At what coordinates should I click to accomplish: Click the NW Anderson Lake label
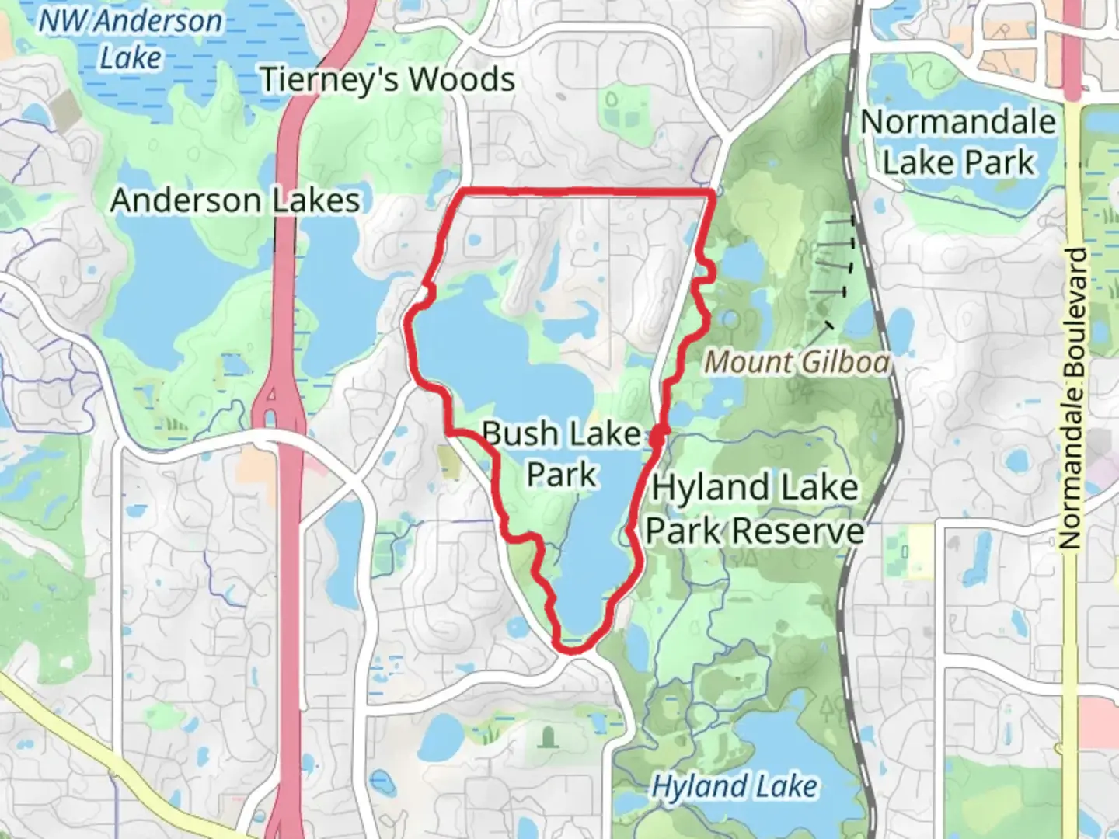[131, 39]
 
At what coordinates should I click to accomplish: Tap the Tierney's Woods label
[387, 79]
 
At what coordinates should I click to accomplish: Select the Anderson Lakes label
[235, 200]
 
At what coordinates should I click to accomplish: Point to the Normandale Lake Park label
[959, 142]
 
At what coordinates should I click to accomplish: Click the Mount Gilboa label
[797, 362]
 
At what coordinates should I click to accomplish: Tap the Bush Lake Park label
[561, 454]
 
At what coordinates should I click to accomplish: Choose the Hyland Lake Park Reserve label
[755, 510]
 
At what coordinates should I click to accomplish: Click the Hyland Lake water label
[734, 786]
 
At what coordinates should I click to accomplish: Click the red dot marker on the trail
[657, 437]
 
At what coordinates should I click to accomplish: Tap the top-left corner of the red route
[462, 190]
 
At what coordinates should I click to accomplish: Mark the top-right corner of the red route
[711, 191]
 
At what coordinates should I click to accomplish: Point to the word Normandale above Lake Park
[959, 122]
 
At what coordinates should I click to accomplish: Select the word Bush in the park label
[519, 433]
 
